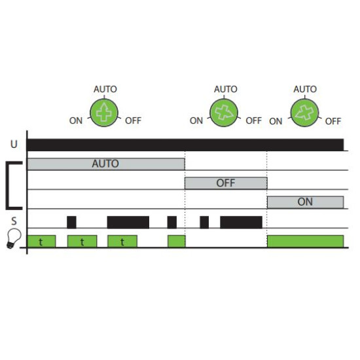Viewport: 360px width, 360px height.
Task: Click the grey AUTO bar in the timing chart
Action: click(x=106, y=164)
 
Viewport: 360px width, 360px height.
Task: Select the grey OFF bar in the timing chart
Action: click(x=226, y=183)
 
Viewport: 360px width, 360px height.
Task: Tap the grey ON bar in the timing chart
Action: click(x=306, y=202)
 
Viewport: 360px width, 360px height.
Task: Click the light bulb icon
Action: click(x=14, y=238)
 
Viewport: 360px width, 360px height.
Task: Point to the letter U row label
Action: click(x=14, y=144)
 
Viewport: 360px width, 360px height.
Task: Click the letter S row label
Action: click(x=14, y=221)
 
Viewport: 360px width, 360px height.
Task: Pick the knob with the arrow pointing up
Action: click(x=104, y=113)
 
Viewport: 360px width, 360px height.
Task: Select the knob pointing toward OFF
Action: click(x=224, y=113)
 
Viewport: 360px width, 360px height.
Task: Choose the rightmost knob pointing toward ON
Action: click(x=304, y=113)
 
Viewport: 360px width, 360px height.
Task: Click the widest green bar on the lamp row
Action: click(x=306, y=242)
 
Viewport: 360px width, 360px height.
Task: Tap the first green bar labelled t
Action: click(x=41, y=242)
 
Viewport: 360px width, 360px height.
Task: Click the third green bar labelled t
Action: click(x=122, y=242)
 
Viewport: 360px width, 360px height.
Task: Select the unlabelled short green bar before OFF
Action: click(x=176, y=242)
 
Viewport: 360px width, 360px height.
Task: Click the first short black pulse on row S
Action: click(x=71, y=223)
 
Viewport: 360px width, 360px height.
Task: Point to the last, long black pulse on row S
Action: click(x=241, y=223)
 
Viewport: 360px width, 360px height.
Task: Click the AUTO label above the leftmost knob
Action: click(x=105, y=89)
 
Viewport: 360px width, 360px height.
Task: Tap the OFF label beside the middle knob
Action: click(x=254, y=120)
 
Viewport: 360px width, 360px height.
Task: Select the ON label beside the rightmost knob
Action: click(x=276, y=121)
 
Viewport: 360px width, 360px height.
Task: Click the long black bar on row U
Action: click(x=185, y=145)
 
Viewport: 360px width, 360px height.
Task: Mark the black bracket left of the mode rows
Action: click(x=7, y=185)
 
